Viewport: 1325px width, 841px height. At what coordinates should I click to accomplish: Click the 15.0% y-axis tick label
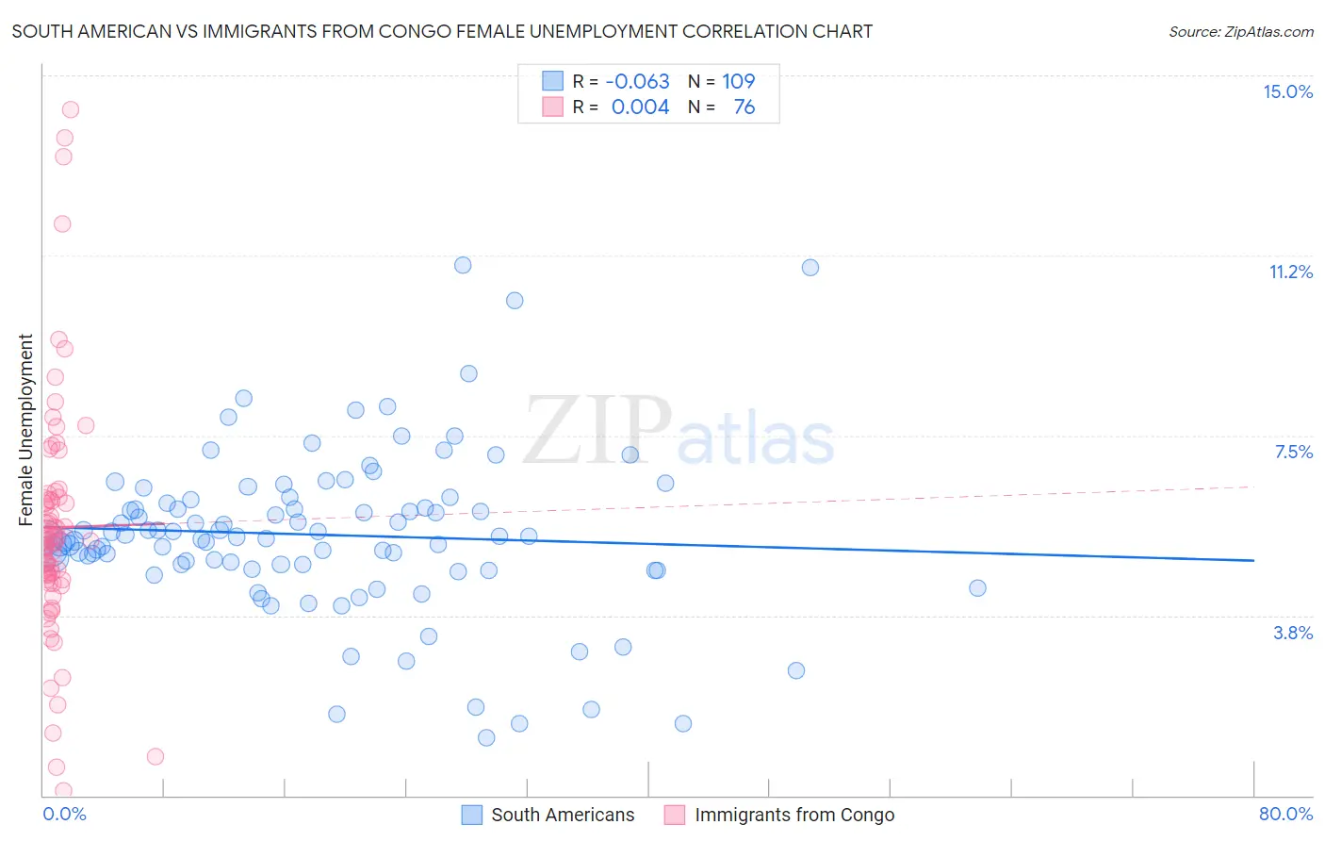point(1287,91)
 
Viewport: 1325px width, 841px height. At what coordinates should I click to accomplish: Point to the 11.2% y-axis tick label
point(1290,272)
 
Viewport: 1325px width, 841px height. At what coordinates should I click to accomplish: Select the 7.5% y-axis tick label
point(1293,452)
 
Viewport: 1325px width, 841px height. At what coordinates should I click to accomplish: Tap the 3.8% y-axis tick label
point(1293,633)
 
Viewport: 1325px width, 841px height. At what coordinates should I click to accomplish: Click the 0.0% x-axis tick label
point(64,814)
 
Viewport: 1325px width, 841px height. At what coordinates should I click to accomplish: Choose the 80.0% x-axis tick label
point(1285,814)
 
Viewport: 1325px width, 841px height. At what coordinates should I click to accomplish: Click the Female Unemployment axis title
point(25,429)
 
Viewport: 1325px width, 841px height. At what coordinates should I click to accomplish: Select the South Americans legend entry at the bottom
point(563,815)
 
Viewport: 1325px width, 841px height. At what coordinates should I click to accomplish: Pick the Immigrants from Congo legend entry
point(793,815)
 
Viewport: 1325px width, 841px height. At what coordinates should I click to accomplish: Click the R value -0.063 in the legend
point(637,81)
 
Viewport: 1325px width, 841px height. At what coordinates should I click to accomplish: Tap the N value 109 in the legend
point(738,81)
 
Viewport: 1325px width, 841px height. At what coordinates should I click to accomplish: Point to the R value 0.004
point(640,107)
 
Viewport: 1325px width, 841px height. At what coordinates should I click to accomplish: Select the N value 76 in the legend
point(744,107)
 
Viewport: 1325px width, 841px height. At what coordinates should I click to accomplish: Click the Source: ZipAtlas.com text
point(1240,31)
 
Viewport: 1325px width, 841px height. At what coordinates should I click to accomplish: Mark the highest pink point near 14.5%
point(70,109)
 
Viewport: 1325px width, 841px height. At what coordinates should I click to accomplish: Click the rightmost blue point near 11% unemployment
point(810,268)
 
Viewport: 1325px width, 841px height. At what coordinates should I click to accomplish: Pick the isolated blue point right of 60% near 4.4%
point(977,588)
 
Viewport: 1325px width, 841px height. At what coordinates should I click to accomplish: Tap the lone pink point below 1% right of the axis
point(155,756)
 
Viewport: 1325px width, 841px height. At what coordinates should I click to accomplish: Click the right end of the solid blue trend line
point(1253,560)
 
